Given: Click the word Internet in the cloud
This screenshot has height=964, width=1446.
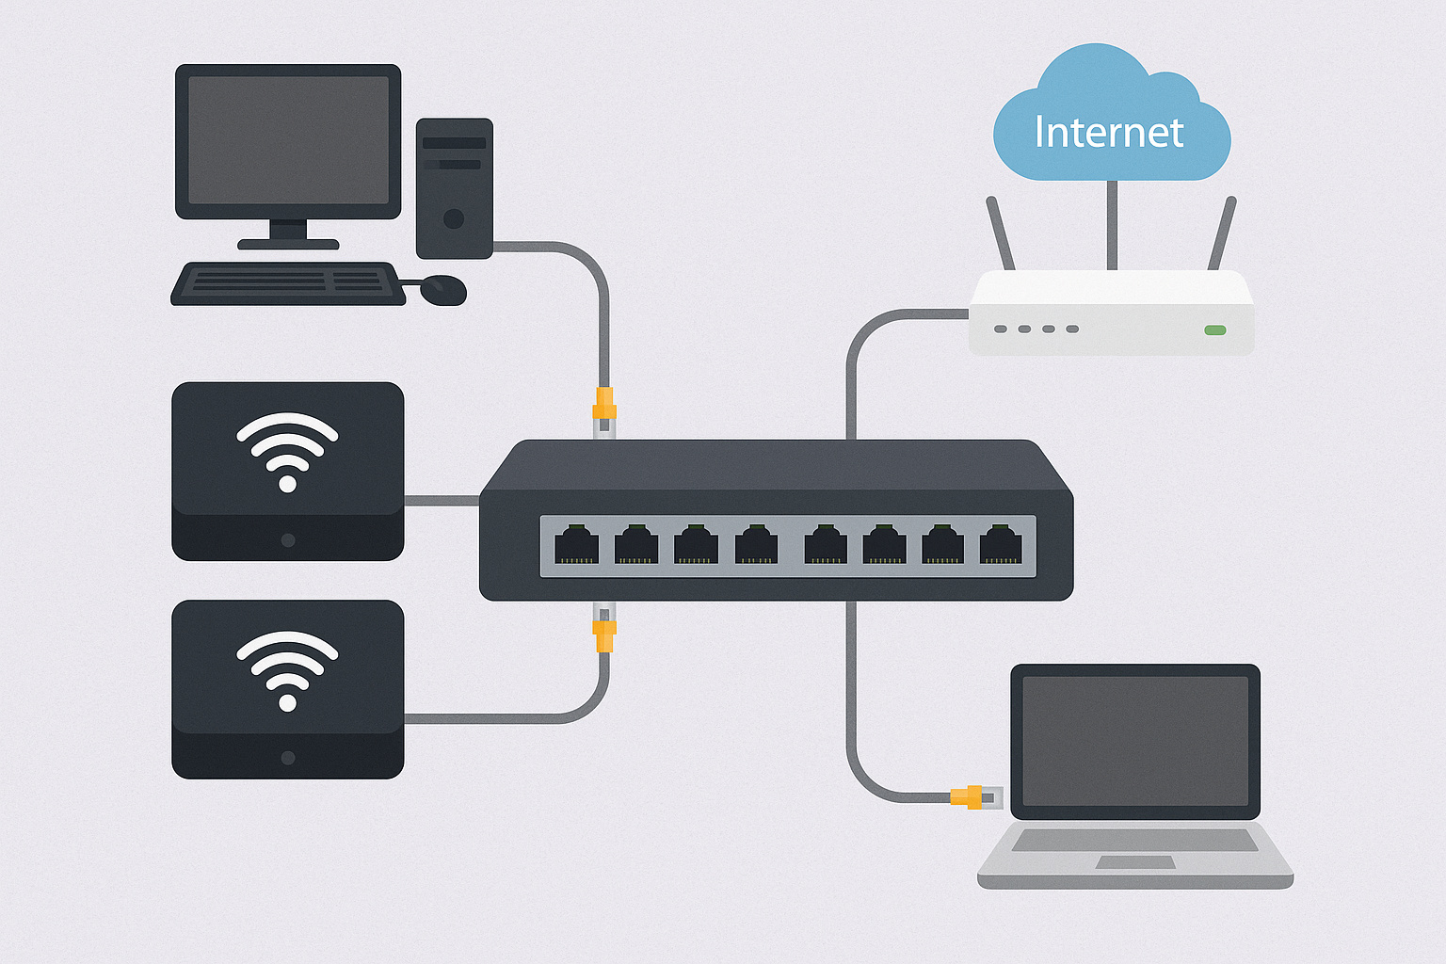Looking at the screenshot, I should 1108,133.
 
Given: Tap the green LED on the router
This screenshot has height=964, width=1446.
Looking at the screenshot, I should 1215,329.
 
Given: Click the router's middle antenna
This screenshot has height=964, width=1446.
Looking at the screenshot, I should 1112,226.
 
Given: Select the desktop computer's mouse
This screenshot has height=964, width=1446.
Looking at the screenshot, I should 442,290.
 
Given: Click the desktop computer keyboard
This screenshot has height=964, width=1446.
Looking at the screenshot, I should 288,283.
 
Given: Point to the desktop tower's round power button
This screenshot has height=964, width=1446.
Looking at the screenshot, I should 454,219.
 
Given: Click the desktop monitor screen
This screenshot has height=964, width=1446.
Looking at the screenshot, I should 288,140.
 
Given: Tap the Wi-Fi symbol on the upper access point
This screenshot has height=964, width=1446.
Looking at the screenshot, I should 287,452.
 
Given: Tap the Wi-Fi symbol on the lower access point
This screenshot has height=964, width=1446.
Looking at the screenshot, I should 287,670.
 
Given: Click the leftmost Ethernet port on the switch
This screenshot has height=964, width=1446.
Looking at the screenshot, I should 576,545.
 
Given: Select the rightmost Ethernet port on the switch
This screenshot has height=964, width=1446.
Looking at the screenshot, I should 1001,545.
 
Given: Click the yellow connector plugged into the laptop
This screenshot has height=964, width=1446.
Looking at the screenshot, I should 968,796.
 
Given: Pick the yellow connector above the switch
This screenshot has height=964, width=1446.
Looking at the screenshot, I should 603,406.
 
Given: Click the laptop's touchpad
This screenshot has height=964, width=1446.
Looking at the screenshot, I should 1135,861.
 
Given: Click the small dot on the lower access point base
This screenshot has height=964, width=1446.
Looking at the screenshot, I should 288,758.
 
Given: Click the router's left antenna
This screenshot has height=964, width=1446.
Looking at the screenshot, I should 1001,233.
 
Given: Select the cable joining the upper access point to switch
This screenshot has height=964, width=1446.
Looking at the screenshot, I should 442,500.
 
